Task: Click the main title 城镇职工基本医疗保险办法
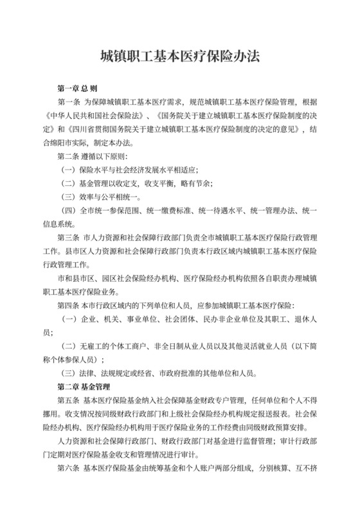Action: tap(179, 56)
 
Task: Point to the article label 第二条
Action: tap(70, 156)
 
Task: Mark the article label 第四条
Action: tap(70, 305)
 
